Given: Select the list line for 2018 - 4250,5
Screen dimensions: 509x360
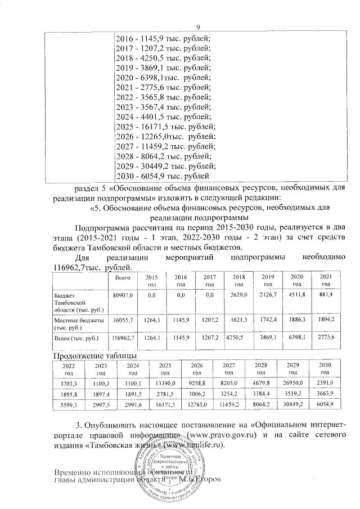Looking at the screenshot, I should click(163, 58).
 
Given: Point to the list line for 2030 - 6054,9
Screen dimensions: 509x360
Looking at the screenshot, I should click(163, 176).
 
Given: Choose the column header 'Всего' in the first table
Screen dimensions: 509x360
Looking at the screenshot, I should click(123, 278).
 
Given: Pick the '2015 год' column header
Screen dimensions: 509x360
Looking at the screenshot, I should click(151, 281).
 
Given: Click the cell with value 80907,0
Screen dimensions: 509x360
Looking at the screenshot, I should click(123, 295).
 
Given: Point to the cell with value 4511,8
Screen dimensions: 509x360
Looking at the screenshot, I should click(296, 295).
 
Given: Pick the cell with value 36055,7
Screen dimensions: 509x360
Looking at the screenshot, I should click(123, 320).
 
